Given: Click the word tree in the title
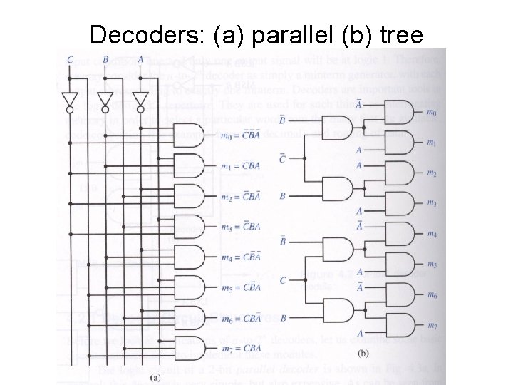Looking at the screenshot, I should (x=400, y=34).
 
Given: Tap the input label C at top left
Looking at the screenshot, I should (x=70, y=59).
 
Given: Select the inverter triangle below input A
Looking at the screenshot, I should (x=140, y=98).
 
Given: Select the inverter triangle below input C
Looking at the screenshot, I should (x=70, y=98).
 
